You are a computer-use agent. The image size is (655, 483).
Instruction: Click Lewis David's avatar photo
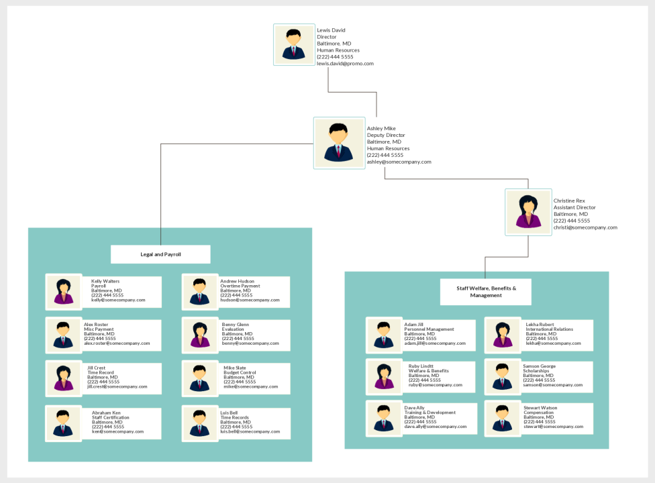(x=294, y=45)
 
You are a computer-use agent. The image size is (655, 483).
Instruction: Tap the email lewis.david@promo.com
(x=345, y=64)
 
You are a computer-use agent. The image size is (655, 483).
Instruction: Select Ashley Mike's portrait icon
(x=339, y=143)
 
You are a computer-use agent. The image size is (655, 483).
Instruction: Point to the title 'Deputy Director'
(x=386, y=136)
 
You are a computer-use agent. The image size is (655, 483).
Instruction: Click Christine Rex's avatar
(x=528, y=212)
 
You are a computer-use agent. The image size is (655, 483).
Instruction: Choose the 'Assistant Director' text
(x=574, y=207)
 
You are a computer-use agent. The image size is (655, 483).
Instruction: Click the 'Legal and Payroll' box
(x=160, y=254)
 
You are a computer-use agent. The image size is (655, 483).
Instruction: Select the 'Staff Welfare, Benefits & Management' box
(x=486, y=292)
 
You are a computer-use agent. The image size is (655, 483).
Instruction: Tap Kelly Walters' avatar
(x=64, y=292)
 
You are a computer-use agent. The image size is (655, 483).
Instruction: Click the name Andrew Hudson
(x=238, y=281)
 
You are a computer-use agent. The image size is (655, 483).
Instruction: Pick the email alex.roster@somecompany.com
(x=117, y=343)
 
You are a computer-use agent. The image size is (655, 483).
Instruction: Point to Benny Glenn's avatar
(x=200, y=335)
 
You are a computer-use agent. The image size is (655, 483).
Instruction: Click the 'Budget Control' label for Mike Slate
(x=240, y=372)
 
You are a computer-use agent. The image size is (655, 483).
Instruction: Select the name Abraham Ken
(x=106, y=413)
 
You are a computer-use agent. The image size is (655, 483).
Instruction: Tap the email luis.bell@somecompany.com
(x=250, y=431)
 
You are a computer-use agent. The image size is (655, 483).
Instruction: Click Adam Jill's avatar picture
(x=384, y=335)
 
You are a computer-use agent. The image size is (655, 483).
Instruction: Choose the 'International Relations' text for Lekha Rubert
(x=550, y=329)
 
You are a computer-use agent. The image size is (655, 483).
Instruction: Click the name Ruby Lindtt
(x=421, y=366)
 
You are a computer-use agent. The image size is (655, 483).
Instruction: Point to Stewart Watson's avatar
(x=503, y=419)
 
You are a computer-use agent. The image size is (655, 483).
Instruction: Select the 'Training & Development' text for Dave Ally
(x=430, y=413)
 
